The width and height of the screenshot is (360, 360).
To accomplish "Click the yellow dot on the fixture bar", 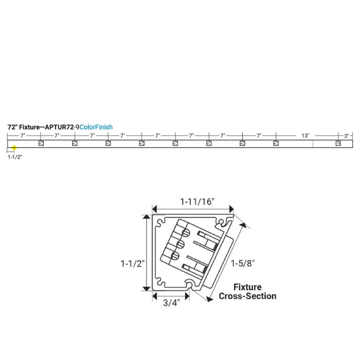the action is (14, 148).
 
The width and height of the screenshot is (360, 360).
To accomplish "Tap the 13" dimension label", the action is (305, 136).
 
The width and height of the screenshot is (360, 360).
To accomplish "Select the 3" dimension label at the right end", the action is (346, 136).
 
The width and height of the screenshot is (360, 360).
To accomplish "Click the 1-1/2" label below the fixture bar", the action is (15, 157).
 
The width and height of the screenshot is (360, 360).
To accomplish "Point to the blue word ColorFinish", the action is (96, 127).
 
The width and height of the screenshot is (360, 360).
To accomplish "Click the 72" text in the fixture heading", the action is (12, 127).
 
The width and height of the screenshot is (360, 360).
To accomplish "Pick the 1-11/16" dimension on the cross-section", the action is (197, 202).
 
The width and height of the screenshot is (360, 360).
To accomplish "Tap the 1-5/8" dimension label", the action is (243, 263).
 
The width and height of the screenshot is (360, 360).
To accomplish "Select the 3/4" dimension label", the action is (171, 302).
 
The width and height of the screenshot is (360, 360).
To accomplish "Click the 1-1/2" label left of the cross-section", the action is (133, 263).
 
